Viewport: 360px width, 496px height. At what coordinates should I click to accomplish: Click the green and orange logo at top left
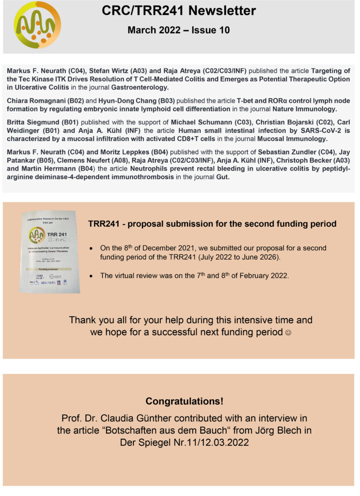pos(37,25)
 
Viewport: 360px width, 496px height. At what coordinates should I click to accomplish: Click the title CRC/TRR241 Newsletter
pos(179,11)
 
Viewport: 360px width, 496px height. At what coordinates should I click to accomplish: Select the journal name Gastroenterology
pos(140,88)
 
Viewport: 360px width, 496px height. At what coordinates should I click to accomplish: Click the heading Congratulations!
pos(180,402)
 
